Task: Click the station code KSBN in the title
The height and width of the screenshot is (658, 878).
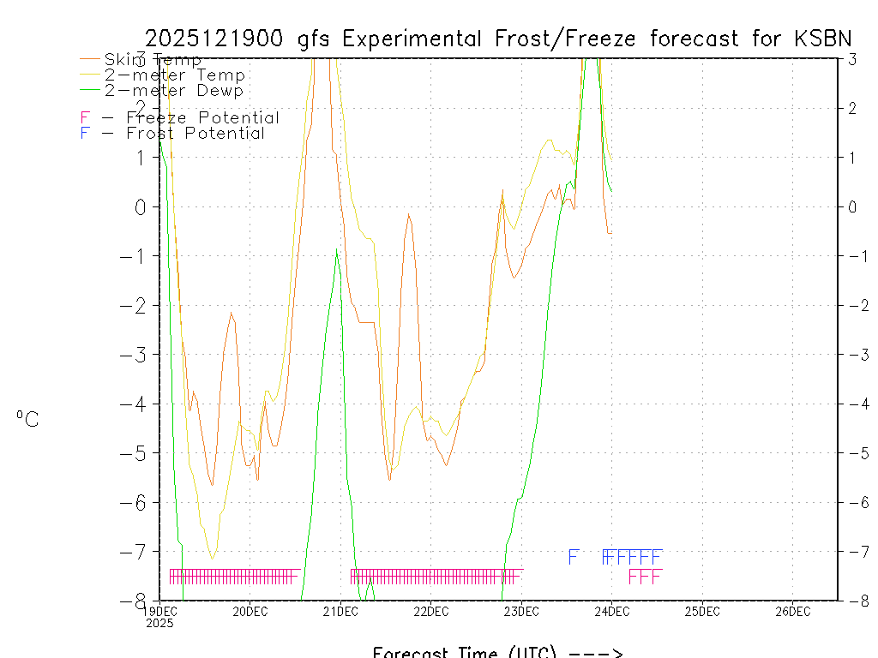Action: coord(821,39)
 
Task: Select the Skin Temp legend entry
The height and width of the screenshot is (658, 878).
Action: coord(153,60)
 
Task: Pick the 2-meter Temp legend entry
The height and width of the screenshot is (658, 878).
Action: coord(174,75)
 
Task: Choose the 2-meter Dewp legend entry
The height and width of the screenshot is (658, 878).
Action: coord(173,90)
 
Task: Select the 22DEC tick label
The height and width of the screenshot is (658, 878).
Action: coord(431,611)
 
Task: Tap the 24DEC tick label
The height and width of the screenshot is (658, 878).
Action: coord(612,611)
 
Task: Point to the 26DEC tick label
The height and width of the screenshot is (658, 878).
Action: coord(793,611)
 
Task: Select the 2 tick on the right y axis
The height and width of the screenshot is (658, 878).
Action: coord(853,108)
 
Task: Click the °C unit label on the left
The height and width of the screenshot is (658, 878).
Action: coord(27,420)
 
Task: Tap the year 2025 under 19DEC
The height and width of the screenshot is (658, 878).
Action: coord(159,624)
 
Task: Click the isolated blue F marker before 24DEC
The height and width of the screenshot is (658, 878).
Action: coord(574,557)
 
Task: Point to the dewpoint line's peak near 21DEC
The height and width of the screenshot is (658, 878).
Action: coord(337,249)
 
